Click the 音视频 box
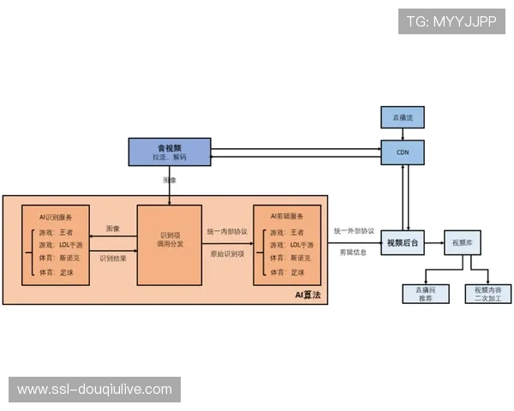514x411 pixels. coord(169,152)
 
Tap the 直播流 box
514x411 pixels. coord(402,116)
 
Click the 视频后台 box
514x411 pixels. coord(403,243)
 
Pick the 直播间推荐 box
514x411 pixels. coord(426,294)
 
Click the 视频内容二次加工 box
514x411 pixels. coord(487,294)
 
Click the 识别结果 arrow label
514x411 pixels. coord(113,258)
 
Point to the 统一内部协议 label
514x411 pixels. coord(227,231)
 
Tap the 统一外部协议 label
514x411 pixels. coord(354,231)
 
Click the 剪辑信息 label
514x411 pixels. coord(351,253)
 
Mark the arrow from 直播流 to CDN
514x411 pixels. coord(402,133)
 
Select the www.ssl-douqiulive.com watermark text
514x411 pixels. coord(95,390)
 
